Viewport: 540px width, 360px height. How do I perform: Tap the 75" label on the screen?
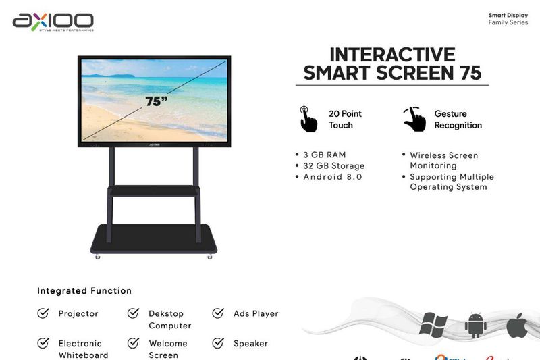click(x=156, y=101)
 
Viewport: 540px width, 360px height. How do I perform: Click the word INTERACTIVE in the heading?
click(x=392, y=55)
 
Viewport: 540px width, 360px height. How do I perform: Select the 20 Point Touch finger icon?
click(x=308, y=119)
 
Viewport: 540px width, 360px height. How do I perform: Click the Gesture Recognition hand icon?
click(x=414, y=119)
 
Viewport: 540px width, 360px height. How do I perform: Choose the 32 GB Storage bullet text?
click(x=333, y=165)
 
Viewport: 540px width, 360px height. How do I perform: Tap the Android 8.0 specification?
click(x=332, y=176)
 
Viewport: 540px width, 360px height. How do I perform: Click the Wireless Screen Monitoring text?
click(x=443, y=160)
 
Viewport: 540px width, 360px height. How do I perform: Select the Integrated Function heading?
click(x=84, y=291)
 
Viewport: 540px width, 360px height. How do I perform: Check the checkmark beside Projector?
click(x=43, y=313)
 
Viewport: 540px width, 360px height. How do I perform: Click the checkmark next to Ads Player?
click(x=218, y=313)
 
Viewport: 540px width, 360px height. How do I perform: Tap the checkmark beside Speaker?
click(x=218, y=343)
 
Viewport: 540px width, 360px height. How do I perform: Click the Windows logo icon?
click(x=433, y=324)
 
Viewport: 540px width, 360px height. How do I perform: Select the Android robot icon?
click(x=475, y=325)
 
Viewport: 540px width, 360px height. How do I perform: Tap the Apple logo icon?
click(x=516, y=324)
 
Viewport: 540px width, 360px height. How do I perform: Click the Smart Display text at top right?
click(x=508, y=15)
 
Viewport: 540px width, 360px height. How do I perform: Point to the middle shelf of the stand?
click(x=154, y=192)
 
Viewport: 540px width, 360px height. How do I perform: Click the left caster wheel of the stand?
click(x=97, y=256)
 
